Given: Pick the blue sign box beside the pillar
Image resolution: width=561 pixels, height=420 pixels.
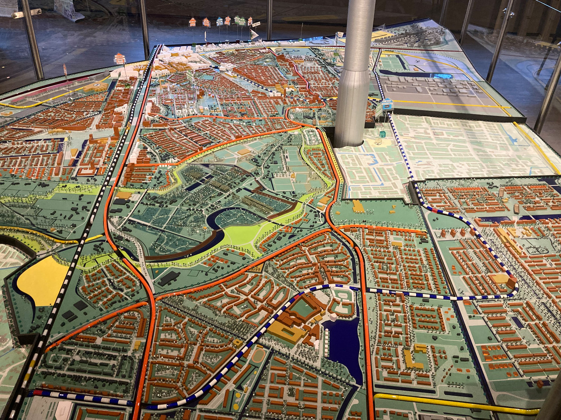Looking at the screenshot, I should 387,105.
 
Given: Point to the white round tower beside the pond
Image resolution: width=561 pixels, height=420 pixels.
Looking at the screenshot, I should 333,317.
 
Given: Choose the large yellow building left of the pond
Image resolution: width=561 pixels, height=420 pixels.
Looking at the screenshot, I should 286,331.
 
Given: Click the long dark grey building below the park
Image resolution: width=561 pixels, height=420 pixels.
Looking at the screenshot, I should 168,278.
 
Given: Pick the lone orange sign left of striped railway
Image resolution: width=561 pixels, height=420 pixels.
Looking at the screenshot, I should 120,58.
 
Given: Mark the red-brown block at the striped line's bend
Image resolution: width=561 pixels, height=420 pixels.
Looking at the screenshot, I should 511,282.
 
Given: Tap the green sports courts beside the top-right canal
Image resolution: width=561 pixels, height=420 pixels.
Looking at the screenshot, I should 392,63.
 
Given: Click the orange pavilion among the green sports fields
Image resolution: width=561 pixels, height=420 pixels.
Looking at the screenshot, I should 244,152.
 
